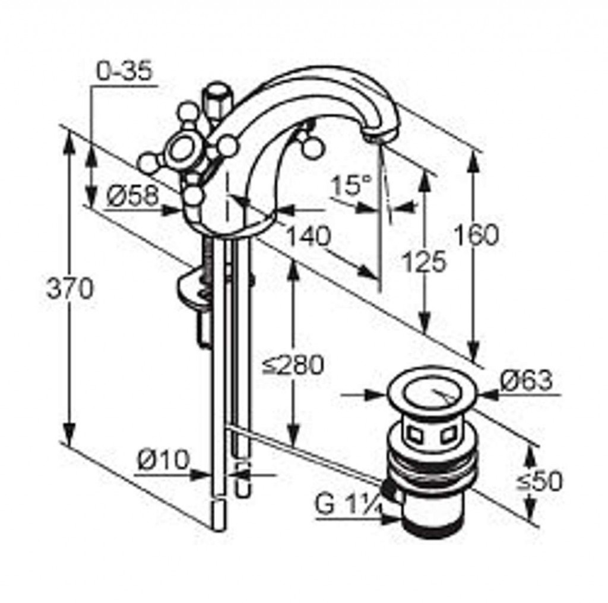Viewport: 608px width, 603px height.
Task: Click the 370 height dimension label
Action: (70, 289)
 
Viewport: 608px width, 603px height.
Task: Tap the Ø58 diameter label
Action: (133, 195)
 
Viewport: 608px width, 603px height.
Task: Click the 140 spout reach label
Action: (309, 235)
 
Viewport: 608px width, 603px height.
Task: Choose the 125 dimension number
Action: (425, 261)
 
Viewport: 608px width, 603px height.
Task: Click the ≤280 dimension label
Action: (293, 365)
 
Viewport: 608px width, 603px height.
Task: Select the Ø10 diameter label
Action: (163, 460)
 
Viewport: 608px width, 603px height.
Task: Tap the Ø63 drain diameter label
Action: (526, 380)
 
